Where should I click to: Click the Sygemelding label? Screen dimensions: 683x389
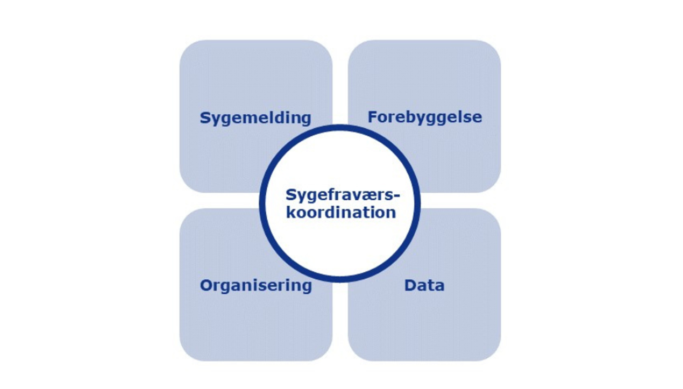255,118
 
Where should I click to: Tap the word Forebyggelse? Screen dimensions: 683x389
425,117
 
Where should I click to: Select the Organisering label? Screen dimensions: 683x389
256,285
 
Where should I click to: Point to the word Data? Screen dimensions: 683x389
424,285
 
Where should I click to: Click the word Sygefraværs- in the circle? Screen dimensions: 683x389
343,195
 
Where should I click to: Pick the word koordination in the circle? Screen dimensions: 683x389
341,212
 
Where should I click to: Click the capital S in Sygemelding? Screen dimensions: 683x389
205,118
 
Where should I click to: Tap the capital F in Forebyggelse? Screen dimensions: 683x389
372,117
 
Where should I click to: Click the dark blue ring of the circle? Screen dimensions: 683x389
263,203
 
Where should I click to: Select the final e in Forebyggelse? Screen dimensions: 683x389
477,117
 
